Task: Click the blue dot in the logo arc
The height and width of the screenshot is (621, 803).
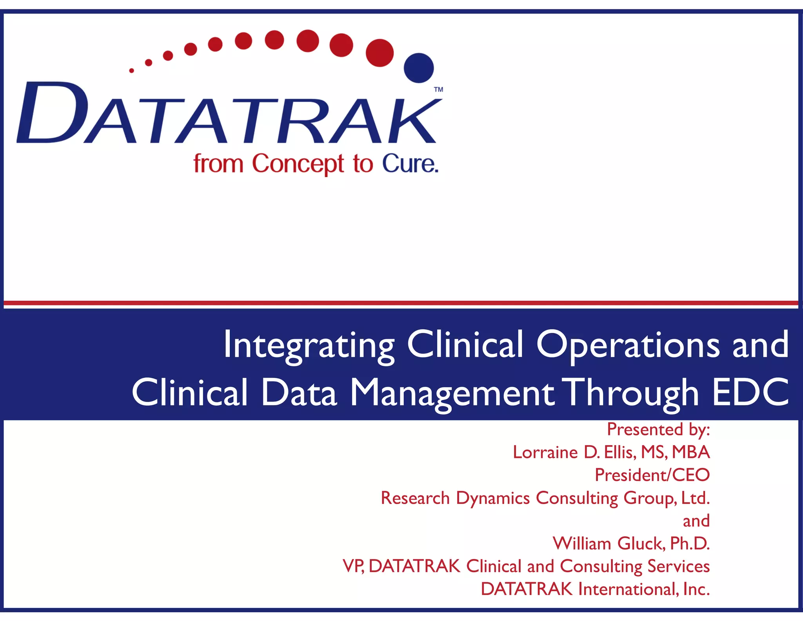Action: point(419,68)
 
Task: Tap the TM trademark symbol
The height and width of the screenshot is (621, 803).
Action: point(438,89)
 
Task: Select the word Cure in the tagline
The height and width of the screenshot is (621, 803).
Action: point(410,164)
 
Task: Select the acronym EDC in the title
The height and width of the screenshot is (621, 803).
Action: point(750,393)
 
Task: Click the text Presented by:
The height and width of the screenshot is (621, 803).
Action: point(658,429)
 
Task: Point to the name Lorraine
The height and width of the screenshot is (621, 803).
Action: point(545,452)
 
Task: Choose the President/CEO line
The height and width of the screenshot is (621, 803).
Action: point(652,475)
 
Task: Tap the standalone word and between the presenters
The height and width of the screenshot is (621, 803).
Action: point(696,521)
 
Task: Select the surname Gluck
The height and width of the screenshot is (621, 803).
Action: point(641,544)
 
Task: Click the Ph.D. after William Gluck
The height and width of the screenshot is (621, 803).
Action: point(690,544)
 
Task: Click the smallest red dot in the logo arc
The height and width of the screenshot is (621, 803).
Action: point(132,71)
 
